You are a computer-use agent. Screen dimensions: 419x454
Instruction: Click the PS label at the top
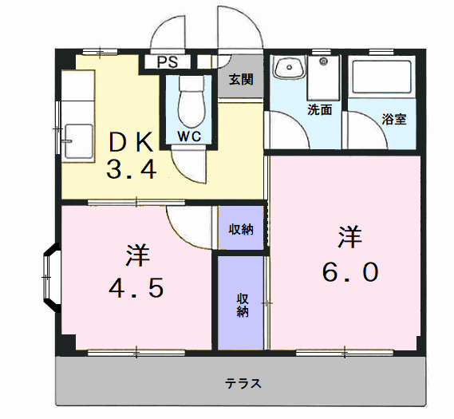(x=167, y=62)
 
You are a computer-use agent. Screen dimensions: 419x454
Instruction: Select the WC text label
(x=189, y=136)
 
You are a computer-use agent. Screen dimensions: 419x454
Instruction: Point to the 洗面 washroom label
(x=320, y=110)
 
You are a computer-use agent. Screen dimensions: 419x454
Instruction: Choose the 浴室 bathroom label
(x=394, y=120)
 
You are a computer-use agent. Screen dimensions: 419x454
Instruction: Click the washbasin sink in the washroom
(x=288, y=69)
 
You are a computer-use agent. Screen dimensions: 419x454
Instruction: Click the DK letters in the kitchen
(x=131, y=142)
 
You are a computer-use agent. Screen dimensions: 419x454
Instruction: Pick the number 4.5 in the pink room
(x=136, y=285)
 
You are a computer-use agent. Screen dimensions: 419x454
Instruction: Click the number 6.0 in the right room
(x=349, y=271)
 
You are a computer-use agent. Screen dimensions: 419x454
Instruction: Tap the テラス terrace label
(x=243, y=383)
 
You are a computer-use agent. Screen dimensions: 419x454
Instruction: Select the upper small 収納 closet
(x=241, y=229)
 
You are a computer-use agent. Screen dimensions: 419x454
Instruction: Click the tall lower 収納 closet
(x=241, y=304)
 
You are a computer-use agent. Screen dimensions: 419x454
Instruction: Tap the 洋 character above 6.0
(x=349, y=237)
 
